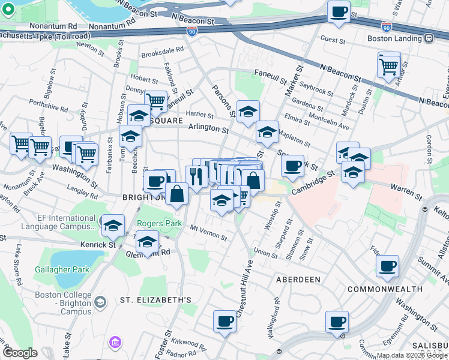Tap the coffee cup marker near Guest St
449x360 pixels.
[x=339, y=12]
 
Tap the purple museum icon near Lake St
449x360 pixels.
[x=114, y=343]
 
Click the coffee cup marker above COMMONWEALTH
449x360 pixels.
[x=387, y=266]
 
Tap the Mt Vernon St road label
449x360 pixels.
[x=208, y=232]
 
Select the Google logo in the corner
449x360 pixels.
[x=20, y=353]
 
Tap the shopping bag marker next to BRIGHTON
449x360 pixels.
[x=177, y=194]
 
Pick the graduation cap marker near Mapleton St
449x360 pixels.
[x=267, y=132]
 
